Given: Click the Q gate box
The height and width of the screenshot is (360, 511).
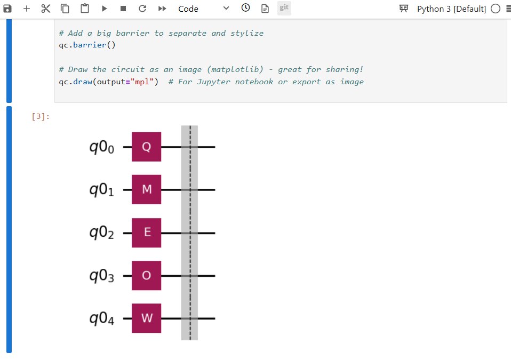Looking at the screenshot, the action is click(146, 147).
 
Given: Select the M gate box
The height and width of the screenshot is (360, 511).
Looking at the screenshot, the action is click(146, 189).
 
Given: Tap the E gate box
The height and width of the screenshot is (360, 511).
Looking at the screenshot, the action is click(146, 233).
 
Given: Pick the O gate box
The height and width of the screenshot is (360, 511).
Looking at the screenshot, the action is click(146, 276).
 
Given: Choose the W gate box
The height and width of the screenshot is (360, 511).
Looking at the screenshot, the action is click(146, 318).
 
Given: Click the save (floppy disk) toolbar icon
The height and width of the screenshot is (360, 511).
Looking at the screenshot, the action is click(8, 9).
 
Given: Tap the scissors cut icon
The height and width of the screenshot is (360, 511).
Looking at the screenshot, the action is click(45, 9).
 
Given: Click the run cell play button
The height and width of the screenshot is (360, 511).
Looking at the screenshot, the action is click(104, 9).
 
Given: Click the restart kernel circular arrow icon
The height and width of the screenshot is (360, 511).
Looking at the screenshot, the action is click(142, 9).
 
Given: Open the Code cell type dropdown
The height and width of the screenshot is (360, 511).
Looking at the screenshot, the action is click(203, 9).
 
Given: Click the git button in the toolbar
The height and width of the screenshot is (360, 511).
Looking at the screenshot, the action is click(284, 8).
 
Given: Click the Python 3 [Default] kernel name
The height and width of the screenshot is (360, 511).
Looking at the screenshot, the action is click(451, 9).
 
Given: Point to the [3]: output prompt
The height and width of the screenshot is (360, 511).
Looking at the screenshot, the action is click(41, 117).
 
